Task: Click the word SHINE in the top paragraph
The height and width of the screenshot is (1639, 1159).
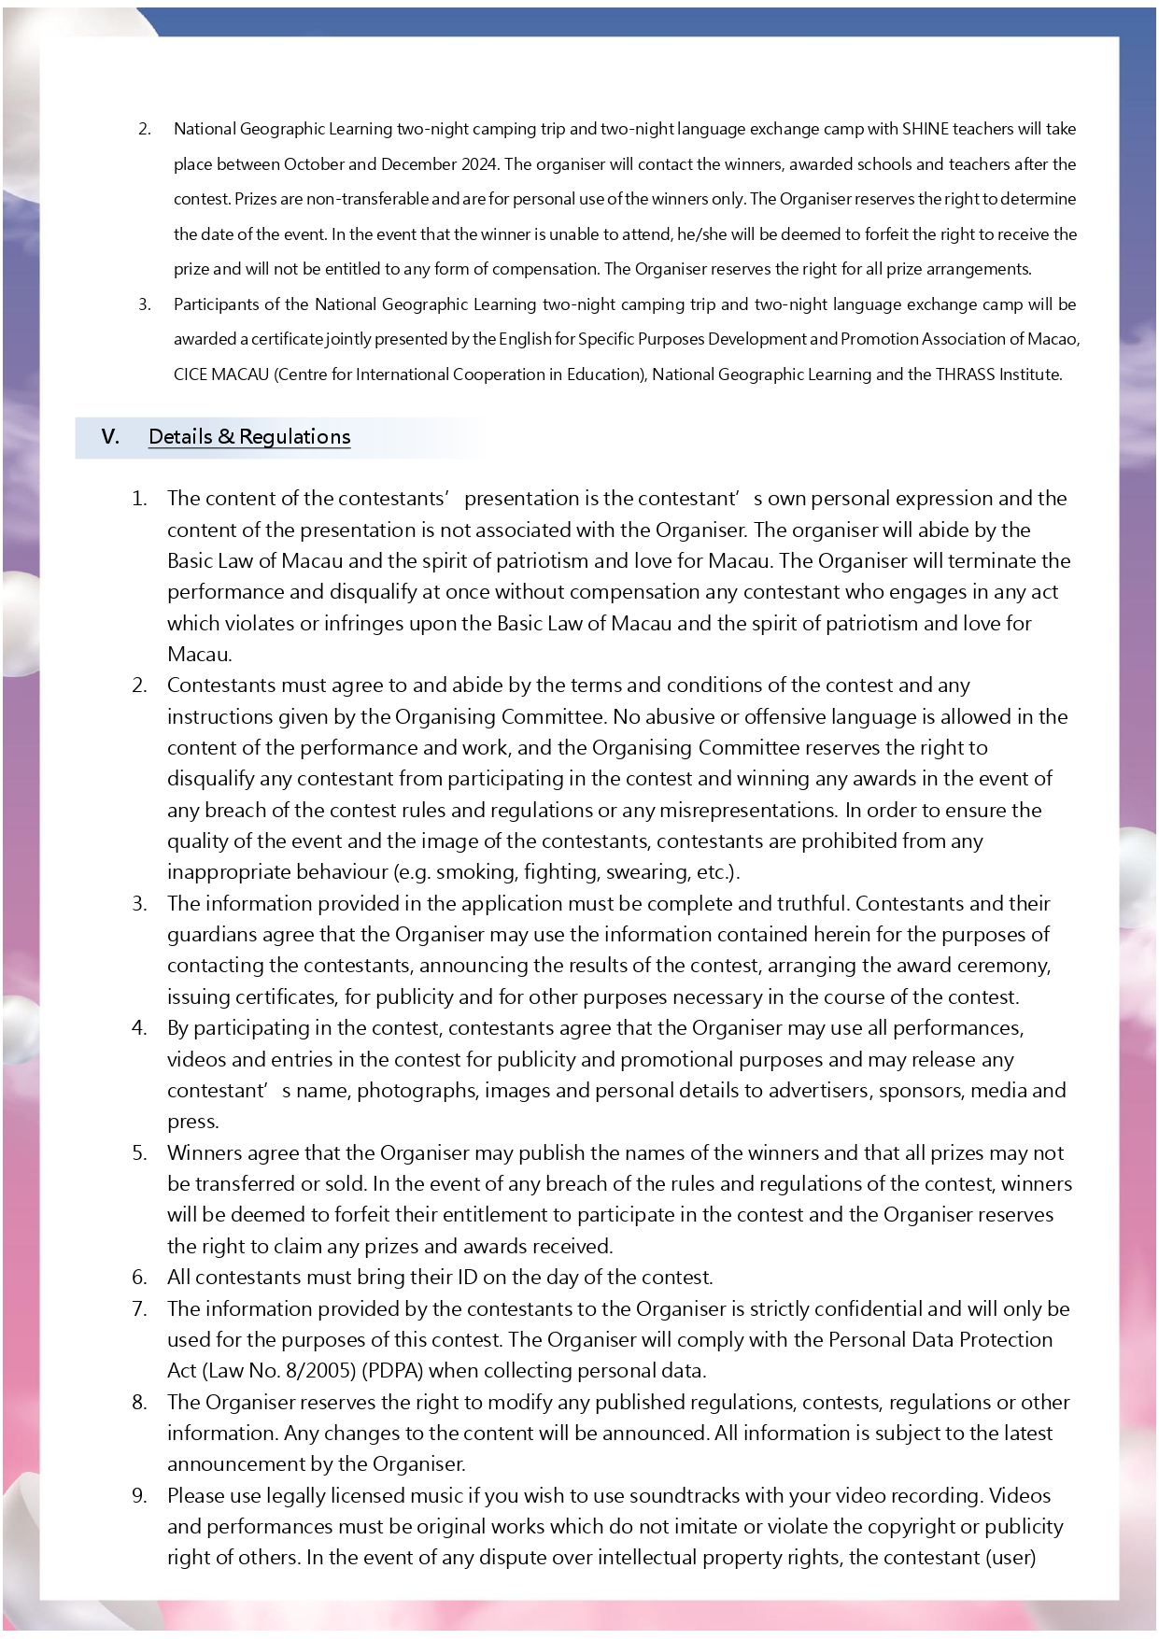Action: click(x=925, y=129)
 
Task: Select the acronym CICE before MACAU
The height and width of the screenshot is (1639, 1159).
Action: click(x=190, y=374)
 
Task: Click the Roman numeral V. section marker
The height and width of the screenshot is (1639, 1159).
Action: click(x=110, y=437)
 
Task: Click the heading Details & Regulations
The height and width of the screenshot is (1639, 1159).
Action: click(x=249, y=437)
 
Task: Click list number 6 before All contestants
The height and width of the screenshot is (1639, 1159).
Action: click(x=139, y=1278)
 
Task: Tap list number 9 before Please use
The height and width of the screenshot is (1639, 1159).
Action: click(x=139, y=1496)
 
